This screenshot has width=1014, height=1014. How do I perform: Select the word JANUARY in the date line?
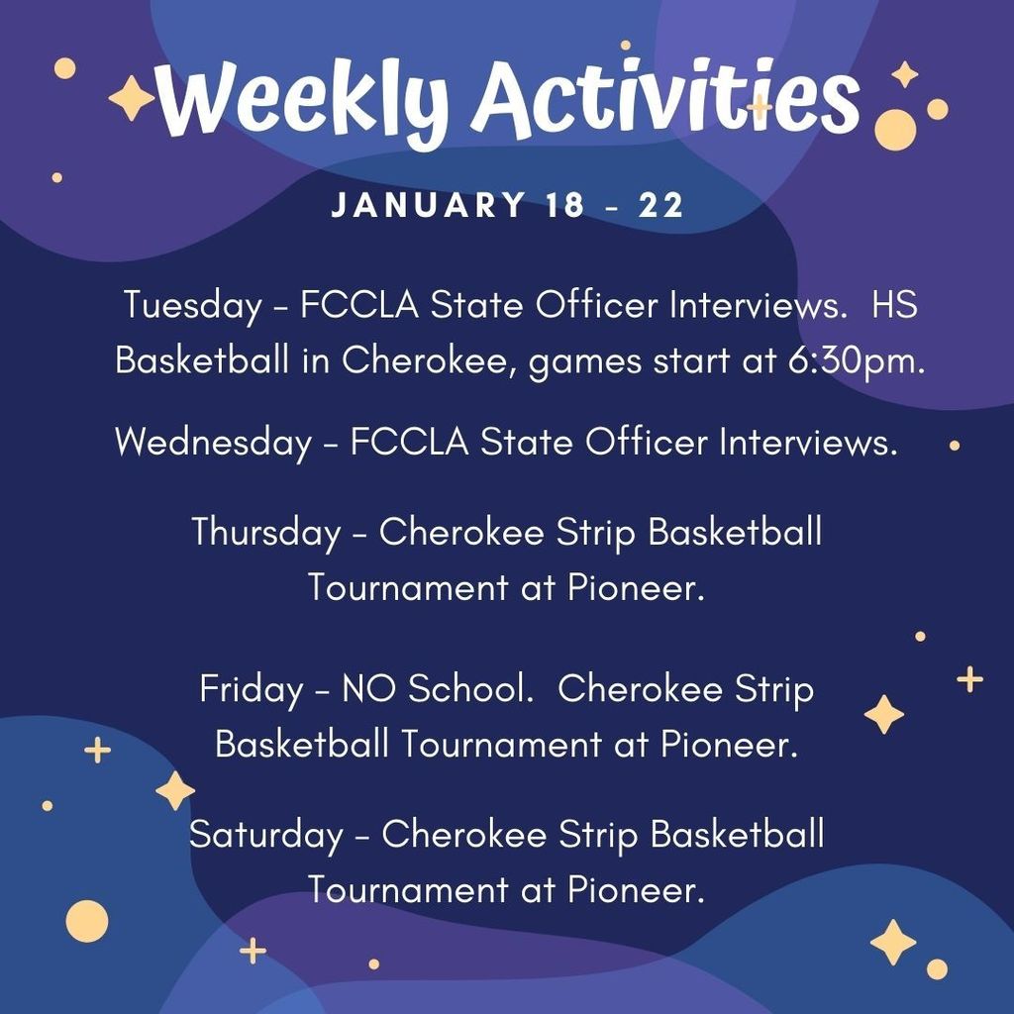pyautogui.click(x=428, y=205)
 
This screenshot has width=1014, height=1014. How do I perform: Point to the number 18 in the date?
pyautogui.click(x=565, y=205)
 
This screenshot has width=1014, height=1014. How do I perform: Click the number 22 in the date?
pyautogui.click(x=660, y=205)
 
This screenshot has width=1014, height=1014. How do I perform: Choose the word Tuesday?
pyautogui.click(x=192, y=305)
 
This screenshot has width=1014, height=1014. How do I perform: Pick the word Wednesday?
pyautogui.click(x=214, y=443)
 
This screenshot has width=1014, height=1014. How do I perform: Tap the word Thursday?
pyautogui.click(x=265, y=533)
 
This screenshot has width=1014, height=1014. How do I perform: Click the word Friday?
pyautogui.click(x=251, y=688)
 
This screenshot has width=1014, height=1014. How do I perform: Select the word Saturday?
pyautogui.click(x=265, y=834)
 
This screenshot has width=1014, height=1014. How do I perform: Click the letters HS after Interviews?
pyautogui.click(x=894, y=304)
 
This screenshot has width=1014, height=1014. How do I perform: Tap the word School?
pyautogui.click(x=470, y=688)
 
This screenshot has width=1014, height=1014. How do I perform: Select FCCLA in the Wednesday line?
pyautogui.click(x=409, y=443)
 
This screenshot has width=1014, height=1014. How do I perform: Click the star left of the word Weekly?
pyautogui.click(x=132, y=98)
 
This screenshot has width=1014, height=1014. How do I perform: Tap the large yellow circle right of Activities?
pyautogui.click(x=895, y=130)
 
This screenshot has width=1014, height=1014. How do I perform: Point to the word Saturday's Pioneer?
pyautogui.click(x=636, y=890)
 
